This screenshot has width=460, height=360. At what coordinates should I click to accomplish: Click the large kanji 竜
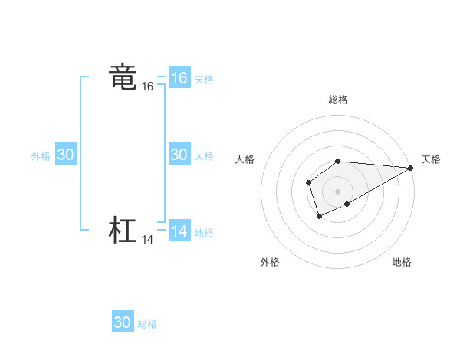point(123,77)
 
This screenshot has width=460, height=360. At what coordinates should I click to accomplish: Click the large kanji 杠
point(123,231)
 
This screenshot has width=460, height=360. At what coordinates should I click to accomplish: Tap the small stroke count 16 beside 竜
point(148,87)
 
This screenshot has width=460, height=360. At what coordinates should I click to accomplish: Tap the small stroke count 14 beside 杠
point(148,240)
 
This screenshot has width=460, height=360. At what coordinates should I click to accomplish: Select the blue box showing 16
point(179,78)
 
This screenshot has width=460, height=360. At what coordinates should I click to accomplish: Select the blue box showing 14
point(179,231)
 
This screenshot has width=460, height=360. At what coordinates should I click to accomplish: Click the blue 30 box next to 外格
point(66,155)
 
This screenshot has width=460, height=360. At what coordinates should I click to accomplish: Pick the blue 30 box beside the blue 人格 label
point(179,155)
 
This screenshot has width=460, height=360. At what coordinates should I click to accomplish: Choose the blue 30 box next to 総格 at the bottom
point(123,322)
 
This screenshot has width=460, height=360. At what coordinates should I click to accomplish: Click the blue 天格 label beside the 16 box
point(204,80)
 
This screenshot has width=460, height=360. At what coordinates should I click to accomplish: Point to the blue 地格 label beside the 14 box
point(204,233)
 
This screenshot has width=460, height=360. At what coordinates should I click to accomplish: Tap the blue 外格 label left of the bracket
point(41,156)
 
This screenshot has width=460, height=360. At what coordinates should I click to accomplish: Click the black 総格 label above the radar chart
point(338,100)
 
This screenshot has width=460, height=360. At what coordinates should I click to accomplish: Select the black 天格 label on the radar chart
point(431,159)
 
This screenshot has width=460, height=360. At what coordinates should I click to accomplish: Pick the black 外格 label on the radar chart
point(270,262)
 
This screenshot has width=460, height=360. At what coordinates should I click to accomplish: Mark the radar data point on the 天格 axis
point(412,168)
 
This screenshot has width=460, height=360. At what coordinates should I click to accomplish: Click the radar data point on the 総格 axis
point(338,161)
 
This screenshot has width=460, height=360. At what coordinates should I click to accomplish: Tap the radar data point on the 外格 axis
point(320,217)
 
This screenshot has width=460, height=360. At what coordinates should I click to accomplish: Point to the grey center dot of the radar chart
point(338,191)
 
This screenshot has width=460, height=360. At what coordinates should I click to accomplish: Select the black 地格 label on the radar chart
point(402,262)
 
